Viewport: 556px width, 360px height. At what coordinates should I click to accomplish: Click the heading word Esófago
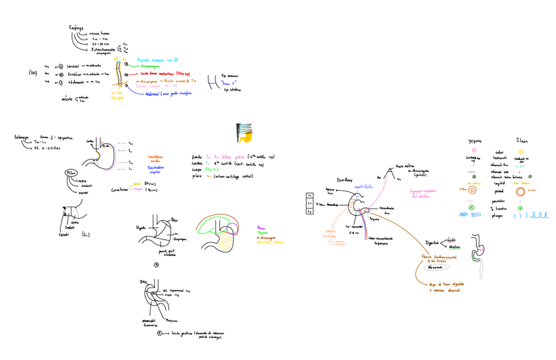pyautogui.click(x=76, y=28)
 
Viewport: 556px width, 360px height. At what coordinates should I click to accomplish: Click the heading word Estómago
pyautogui.click(x=22, y=137)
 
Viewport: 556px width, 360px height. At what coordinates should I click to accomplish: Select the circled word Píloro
pyautogui.click(x=71, y=172)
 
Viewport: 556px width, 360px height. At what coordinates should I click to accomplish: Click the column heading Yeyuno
pyautogui.click(x=475, y=140)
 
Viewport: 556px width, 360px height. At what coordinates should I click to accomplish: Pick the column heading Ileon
pyautogui.click(x=523, y=140)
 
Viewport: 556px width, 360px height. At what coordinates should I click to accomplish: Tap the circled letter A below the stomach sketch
pyautogui.click(x=156, y=265)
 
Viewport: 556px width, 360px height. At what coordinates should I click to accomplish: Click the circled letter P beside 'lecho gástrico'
pyautogui.click(x=159, y=333)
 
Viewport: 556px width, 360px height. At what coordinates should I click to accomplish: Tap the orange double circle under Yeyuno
pyautogui.click(x=473, y=189)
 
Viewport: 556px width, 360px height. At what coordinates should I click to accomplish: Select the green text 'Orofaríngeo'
pyautogui.click(x=152, y=66)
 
